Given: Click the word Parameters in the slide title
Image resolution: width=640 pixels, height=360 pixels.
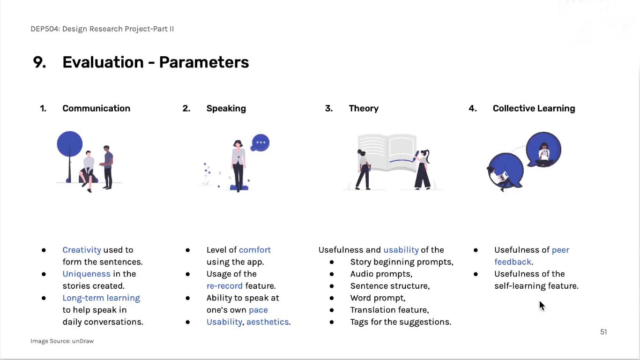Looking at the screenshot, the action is point(204,62).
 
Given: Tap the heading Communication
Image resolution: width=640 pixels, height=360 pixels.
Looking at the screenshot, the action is point(97,108).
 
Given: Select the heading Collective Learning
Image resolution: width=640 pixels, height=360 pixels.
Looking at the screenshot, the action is point(534,108).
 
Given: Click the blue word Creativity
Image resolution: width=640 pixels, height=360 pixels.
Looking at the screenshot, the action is point(82,250).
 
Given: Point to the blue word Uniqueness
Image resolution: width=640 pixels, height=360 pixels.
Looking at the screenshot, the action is point(86,274).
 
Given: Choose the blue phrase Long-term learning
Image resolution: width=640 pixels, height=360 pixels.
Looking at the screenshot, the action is point(101,298).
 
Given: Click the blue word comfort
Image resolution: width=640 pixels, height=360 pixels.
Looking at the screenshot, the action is point(254,250).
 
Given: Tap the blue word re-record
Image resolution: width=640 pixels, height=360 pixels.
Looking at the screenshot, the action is point(224,286).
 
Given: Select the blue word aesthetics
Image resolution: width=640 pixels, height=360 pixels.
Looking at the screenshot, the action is point(268,322).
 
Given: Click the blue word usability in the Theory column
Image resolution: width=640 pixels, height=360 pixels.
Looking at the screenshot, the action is point(401,250).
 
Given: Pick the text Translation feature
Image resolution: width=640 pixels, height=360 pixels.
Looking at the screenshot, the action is point(389,310).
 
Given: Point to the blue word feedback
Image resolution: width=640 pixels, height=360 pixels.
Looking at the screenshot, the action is point(513,262).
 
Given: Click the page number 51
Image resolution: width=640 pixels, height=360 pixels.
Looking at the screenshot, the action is point(603,332).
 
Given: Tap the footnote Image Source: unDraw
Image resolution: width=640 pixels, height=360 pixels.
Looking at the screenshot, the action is point(62,341).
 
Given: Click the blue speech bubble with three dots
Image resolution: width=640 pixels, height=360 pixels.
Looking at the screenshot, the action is point(260,142).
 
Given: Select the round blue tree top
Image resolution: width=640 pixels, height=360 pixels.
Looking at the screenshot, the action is point(70,144).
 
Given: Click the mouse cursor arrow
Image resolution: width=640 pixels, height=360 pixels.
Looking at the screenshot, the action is point(542,306).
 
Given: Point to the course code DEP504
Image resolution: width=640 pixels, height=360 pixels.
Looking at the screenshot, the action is point(45,29).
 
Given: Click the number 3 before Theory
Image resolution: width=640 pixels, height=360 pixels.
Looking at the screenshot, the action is point(328,108).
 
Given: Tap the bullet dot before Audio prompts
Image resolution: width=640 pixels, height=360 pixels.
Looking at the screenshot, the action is point(331,274).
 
